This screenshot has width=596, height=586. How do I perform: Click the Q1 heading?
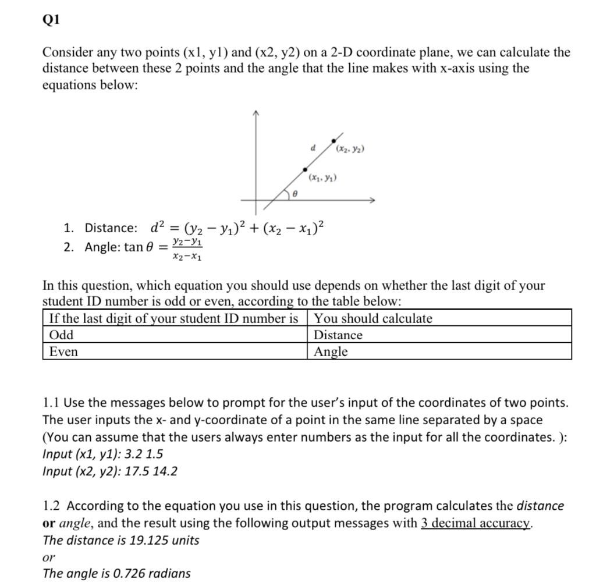[52, 20]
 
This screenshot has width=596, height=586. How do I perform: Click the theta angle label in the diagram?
[295, 196]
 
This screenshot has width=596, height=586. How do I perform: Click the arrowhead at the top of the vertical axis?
[255, 112]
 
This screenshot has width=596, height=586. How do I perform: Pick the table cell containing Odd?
[175, 335]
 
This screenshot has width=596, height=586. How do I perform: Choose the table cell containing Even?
[175, 351]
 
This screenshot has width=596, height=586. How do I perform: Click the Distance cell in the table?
[439, 335]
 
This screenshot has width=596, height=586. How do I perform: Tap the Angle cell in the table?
[439, 351]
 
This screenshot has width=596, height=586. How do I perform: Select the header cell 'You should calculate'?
[439, 318]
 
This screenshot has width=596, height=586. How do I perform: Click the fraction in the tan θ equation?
[187, 248]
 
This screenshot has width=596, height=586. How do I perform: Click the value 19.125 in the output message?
[149, 540]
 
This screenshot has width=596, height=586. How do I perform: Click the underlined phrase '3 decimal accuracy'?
[476, 523]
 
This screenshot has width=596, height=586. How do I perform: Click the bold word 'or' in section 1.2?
[49, 523]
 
